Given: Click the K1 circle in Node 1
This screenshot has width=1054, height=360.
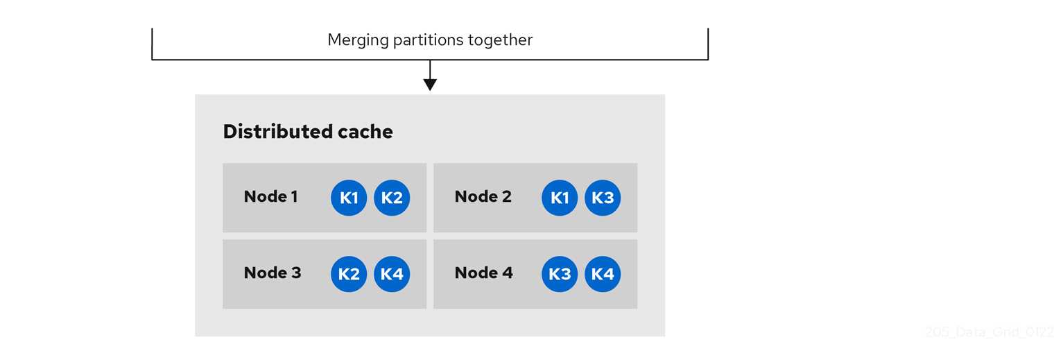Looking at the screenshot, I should tap(349, 198).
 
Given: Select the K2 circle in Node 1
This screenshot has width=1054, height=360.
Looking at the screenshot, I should tap(392, 198).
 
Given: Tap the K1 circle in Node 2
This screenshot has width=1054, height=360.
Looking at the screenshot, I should tap(560, 198).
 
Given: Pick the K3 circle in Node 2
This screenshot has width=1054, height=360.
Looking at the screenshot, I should tap(603, 198).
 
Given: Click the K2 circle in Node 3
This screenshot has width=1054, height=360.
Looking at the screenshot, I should tap(349, 274).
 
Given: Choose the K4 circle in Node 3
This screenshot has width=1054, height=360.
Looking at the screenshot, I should tap(392, 274).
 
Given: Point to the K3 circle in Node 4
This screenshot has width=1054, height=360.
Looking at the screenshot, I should tap(560, 274).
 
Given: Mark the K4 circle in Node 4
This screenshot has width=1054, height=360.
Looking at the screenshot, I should tap(603, 274).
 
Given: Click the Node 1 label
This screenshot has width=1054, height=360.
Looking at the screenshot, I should tap(270, 197).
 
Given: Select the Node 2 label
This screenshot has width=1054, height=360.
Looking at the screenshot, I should tap(483, 197).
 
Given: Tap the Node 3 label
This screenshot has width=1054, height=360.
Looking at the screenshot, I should tap(272, 273).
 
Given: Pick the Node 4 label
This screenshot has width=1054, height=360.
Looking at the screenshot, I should tap(483, 273).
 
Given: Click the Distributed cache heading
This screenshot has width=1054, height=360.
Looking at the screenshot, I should tap(308, 132).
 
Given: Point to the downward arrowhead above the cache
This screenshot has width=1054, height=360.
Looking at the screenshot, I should tap(430, 85).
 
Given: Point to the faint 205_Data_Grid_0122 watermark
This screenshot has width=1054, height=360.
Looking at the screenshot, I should tap(989, 332).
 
